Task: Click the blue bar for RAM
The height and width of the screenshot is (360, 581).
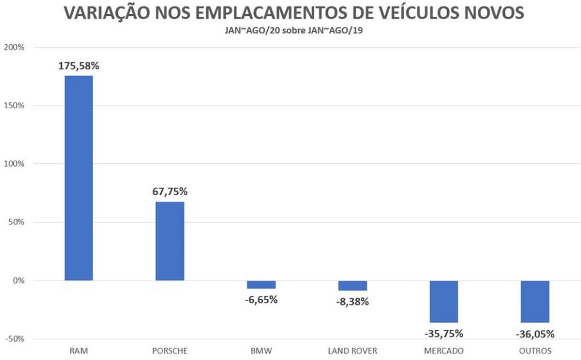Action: pos(79,178)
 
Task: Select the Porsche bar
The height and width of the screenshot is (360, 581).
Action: pos(170,241)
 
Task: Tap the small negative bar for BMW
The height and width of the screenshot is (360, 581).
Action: pos(261,285)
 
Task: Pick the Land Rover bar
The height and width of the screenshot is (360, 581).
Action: pos(352,286)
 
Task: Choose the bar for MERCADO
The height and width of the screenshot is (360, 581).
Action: pos(444,302)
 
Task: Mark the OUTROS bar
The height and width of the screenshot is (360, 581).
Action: pos(535,302)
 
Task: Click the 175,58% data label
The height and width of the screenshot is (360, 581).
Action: pos(79,66)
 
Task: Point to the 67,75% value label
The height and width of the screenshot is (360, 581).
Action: pos(170,192)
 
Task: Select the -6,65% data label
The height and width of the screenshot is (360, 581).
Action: pos(261,299)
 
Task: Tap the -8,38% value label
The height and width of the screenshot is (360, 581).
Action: pos(352,302)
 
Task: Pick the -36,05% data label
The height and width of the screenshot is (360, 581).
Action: pos(535,333)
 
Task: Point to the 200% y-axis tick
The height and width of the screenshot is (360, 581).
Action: pos(14,47)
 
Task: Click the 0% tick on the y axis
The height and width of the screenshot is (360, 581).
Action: pos(19,281)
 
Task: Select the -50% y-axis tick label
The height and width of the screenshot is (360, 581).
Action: pos(14,339)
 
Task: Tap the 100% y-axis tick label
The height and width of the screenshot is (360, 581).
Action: pos(14,164)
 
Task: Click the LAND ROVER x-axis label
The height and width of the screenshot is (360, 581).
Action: pos(352,351)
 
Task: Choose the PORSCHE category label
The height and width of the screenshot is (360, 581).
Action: pos(170,351)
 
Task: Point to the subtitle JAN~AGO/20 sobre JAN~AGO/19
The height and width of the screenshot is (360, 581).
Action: pos(293,31)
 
